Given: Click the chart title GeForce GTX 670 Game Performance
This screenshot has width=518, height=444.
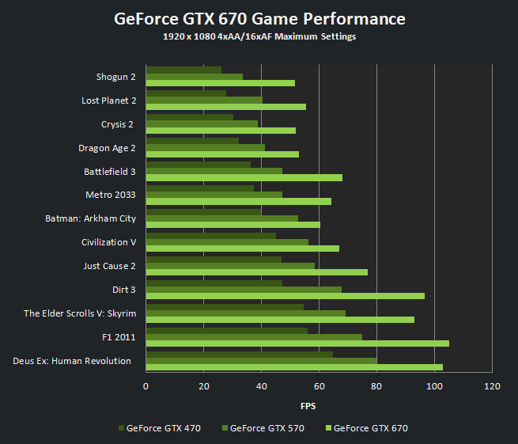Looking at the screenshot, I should point(259,19).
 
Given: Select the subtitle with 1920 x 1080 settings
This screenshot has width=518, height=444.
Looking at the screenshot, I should point(259,37).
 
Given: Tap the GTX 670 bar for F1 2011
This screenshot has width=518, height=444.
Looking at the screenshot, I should point(297,343).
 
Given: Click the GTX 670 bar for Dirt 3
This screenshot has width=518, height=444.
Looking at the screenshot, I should point(285,296).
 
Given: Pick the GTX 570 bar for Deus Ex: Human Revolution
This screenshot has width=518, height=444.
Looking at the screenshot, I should point(261,361).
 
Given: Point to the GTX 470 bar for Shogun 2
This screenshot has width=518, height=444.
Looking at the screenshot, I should point(183,70).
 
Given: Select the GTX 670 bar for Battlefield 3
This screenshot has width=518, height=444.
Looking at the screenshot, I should point(244,177).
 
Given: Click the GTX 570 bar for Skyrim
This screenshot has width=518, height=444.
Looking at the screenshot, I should point(245,313).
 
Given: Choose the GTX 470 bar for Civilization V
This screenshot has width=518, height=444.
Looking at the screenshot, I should point(210,236).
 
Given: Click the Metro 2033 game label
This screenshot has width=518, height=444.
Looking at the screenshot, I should point(110,195).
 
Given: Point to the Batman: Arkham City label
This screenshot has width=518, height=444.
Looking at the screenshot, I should point(90,218).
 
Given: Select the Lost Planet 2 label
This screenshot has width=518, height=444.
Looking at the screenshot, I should point(108,101).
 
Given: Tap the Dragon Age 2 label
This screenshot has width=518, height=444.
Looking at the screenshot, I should point(107,148).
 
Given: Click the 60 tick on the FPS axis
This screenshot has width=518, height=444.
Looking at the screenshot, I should point(319,386).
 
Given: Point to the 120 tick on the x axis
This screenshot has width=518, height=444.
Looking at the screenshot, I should point(492,386).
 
